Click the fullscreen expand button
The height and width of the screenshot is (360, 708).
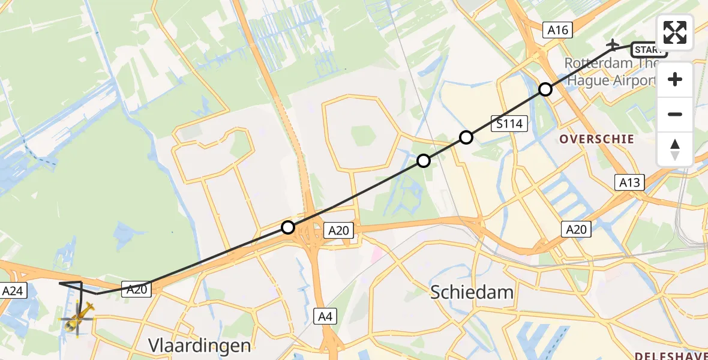click(x=675, y=32)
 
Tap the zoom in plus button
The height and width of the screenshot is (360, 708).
click(x=675, y=79)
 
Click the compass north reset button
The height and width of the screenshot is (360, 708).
click(x=675, y=149)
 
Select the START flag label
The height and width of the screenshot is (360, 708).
click(x=649, y=50)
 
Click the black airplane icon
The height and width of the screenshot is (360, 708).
click(x=613, y=44)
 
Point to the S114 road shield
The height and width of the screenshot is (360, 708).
click(x=509, y=124)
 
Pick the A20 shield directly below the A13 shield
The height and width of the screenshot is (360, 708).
click(x=576, y=229)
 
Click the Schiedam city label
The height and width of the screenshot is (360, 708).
click(x=472, y=292)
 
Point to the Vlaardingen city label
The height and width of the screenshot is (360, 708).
click(x=200, y=345)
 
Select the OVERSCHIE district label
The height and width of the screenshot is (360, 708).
click(x=596, y=139)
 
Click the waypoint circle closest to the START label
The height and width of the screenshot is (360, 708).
click(x=545, y=89)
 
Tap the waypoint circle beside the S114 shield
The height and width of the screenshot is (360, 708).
click(x=466, y=137)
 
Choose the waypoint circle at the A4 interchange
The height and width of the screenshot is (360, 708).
click(x=288, y=227)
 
